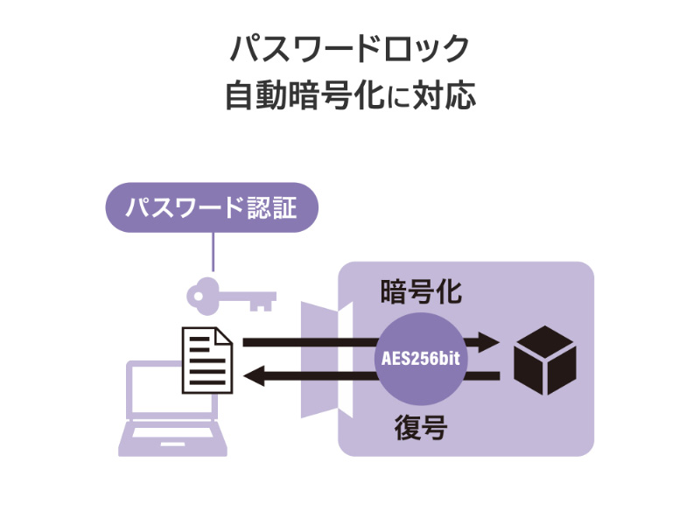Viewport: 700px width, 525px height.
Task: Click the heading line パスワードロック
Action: click(350, 48)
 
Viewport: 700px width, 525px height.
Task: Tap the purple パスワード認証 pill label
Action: click(211, 208)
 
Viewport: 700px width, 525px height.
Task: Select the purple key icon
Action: click(230, 294)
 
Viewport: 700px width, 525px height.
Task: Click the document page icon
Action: click(207, 360)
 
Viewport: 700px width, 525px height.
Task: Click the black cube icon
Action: click(544, 360)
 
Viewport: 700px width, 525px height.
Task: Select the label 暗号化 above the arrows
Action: click(421, 291)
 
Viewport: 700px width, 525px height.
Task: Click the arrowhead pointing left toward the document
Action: click(255, 377)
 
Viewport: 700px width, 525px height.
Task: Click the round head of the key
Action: click(202, 295)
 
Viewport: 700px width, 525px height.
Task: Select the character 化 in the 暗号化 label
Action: click(447, 291)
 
